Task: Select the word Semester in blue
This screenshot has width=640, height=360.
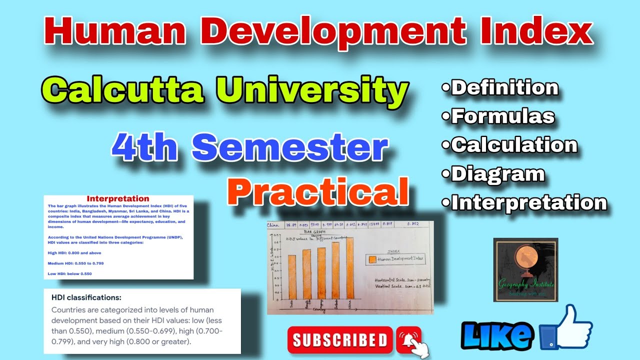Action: coord(290,148)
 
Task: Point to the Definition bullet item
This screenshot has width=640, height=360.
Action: coord(500,88)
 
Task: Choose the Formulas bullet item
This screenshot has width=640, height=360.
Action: coord(498,116)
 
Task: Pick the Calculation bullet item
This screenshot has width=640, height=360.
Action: coord(510,145)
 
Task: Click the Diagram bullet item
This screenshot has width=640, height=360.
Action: coord(493,174)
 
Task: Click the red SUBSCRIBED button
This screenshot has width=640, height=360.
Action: coord(340,340)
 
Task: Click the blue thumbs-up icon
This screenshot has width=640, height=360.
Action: coord(570,327)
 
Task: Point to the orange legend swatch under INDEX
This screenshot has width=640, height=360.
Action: coord(371,259)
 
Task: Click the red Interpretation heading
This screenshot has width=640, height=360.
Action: coord(118,199)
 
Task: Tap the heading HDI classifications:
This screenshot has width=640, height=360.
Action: coord(86,297)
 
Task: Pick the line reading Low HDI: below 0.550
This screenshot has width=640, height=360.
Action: coord(70,273)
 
